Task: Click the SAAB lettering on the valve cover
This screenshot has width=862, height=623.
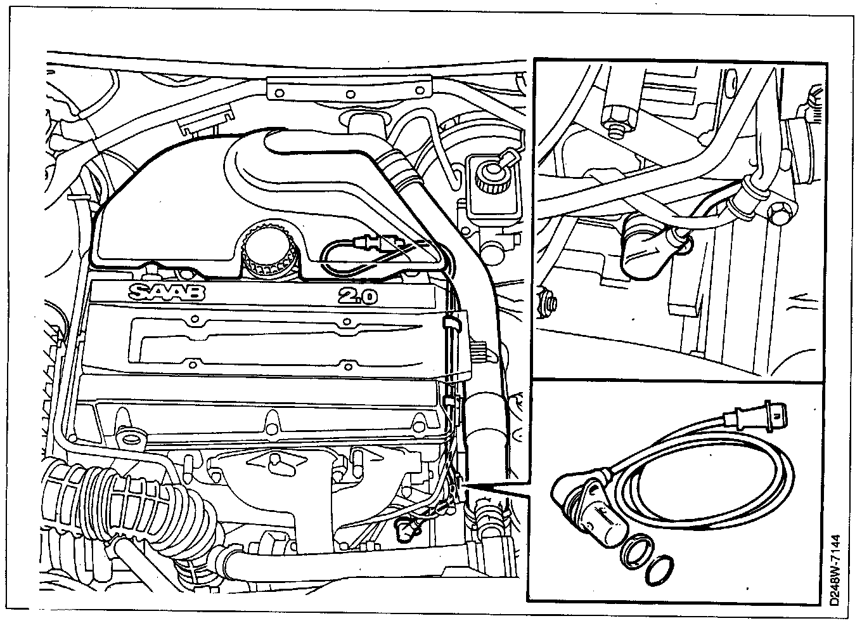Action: (167, 293)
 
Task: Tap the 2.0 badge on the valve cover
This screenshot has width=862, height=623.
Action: (357, 295)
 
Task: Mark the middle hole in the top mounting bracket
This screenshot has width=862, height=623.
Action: (349, 94)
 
